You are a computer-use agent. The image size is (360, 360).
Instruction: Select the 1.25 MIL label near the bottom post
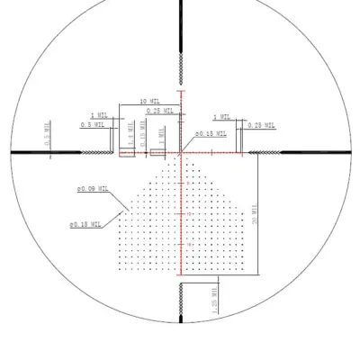coord(212,300)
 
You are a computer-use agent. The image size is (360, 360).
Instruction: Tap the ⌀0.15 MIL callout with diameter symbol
coord(211,133)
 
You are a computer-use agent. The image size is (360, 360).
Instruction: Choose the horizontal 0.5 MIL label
coord(92,125)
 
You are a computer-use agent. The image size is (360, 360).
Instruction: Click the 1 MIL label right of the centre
coord(221,117)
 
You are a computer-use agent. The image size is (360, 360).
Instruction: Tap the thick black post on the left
coord(27,154)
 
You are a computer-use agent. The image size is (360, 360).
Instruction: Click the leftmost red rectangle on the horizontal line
coord(127,154)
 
